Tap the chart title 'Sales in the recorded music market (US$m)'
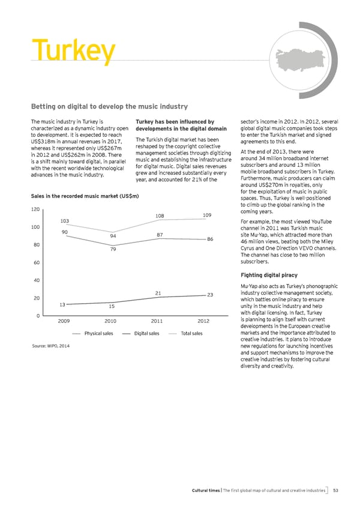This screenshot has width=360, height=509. click(85, 196)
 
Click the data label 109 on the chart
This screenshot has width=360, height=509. click(207, 214)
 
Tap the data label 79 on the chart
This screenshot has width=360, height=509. click(112, 266)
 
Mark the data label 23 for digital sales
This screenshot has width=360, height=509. click(211, 294)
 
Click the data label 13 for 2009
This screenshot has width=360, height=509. click(62, 304)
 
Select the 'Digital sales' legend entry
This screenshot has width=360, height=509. click(146, 334)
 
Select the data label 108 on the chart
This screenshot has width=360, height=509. click(160, 215)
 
